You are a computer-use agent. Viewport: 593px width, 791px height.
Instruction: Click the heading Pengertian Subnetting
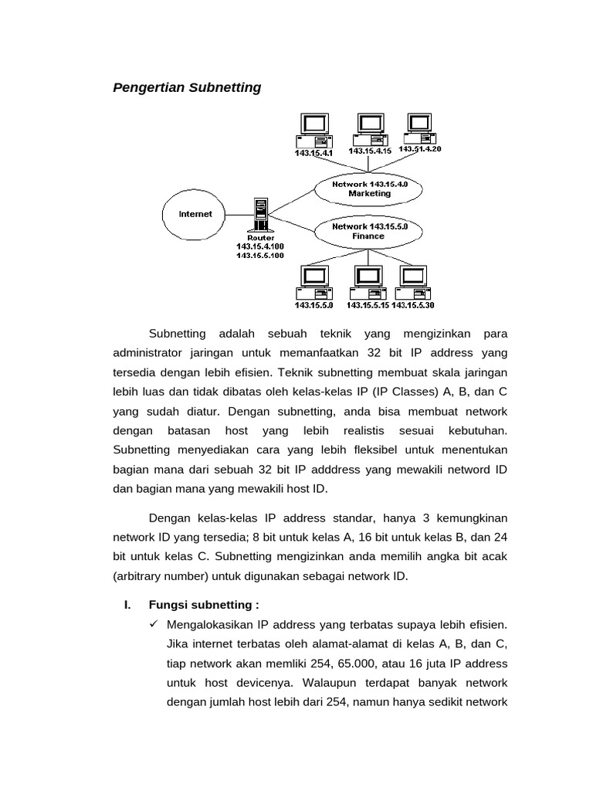pos(187,87)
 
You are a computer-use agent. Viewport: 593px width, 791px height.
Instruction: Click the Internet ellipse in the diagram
pos(195,214)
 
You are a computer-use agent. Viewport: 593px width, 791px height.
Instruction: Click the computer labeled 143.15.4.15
pos(369,129)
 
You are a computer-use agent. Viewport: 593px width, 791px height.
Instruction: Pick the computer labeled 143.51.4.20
pos(418,129)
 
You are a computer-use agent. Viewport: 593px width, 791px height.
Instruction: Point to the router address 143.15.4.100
pos(260,246)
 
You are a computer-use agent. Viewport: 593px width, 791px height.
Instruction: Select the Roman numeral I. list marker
pos(127,604)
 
